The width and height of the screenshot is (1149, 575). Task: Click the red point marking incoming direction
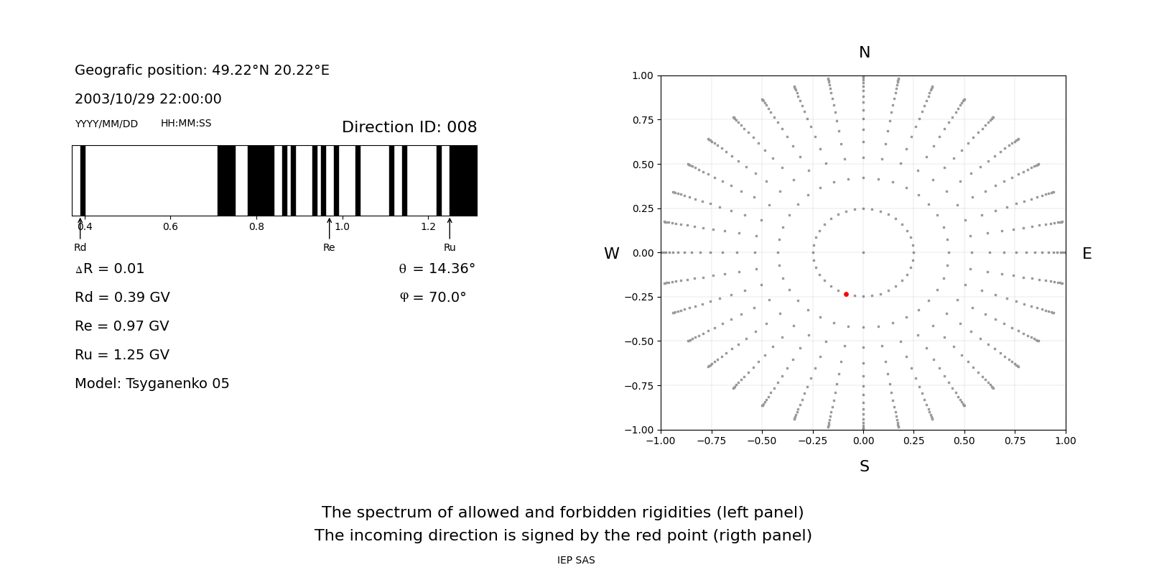coord(846,294)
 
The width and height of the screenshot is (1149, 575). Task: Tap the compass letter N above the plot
coord(865,52)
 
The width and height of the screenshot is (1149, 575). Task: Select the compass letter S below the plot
coord(865,466)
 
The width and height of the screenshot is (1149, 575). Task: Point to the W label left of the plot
coord(611,254)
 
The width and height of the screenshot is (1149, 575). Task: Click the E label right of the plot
coord(1087,254)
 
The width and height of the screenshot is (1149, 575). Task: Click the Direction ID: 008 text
coord(409,126)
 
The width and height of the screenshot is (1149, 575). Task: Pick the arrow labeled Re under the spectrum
coord(330,229)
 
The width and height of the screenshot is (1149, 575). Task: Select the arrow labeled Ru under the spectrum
coord(450,229)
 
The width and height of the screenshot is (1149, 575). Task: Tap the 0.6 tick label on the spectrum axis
coord(170,226)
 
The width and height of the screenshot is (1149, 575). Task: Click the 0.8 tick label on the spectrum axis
coord(256,226)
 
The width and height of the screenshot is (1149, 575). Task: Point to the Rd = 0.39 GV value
coord(122,298)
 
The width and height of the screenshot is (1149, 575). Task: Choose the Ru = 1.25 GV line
coord(122,355)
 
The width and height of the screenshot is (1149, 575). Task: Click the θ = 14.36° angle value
coord(437,269)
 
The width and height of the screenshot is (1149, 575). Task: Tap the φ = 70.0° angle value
coord(433,298)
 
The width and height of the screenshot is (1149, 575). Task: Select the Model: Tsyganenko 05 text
coord(152,384)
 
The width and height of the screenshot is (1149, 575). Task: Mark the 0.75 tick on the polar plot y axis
coord(643,120)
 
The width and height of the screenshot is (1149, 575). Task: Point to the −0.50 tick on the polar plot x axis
coord(762,441)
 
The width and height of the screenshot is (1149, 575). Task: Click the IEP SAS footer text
coord(576,560)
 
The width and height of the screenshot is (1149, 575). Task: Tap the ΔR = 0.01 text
coord(110,269)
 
